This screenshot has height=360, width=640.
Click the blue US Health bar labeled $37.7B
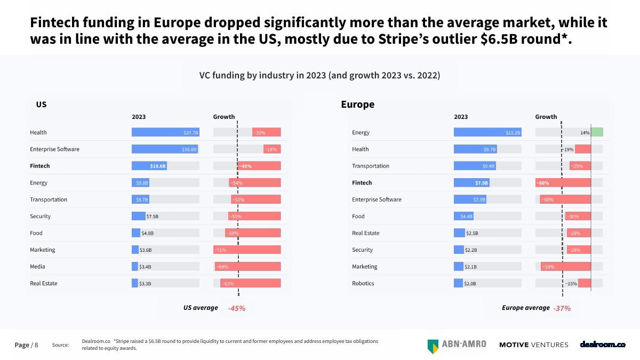pyautogui.click(x=165, y=132)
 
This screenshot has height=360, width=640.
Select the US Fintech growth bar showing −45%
pyautogui.click(x=259, y=166)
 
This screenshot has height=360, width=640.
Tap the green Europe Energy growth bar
pyautogui.click(x=597, y=132)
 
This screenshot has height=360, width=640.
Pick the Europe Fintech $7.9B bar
pyautogui.click(x=471, y=182)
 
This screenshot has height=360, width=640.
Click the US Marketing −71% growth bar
pyautogui.click(x=247, y=250)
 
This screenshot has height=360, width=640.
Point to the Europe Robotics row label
pyautogui.click(x=363, y=283)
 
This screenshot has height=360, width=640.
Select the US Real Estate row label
pyautogui.click(x=44, y=283)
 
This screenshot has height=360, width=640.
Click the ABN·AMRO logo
pyautogui.click(x=457, y=345)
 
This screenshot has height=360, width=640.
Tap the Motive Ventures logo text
pyautogui.click(x=533, y=345)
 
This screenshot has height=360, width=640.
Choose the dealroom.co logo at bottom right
pyautogui.click(x=603, y=345)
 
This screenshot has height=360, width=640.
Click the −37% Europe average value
pyautogui.click(x=562, y=308)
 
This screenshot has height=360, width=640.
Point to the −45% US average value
pyautogui.click(x=236, y=308)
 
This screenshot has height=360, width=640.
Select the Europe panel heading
pyautogui.click(x=357, y=105)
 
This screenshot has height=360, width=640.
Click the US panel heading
pyautogui.click(x=41, y=105)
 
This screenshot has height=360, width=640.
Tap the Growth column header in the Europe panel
pyautogui.click(x=546, y=117)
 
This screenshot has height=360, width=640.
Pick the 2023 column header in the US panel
pyautogui.click(x=139, y=117)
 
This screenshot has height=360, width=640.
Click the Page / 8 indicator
pyautogui.click(x=26, y=345)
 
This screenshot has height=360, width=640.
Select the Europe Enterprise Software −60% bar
pyautogui.click(x=565, y=199)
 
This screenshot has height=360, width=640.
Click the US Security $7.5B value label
pyautogui.click(x=153, y=217)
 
